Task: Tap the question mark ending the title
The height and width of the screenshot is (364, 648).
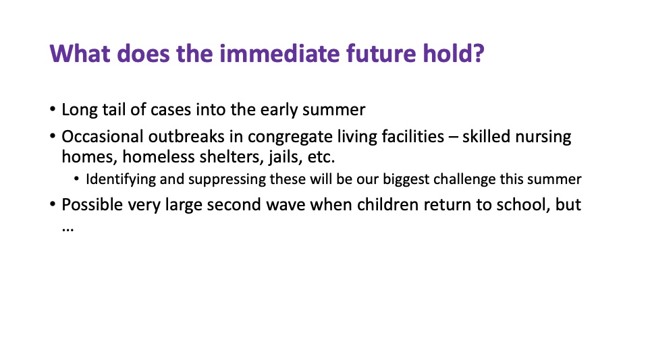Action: [478, 53]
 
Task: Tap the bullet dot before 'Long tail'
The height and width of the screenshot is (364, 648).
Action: [53, 109]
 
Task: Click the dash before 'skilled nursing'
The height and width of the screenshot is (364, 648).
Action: [453, 137]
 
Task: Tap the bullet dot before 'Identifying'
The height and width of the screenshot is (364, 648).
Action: [76, 179]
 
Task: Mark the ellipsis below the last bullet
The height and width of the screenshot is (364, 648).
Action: [67, 229]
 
